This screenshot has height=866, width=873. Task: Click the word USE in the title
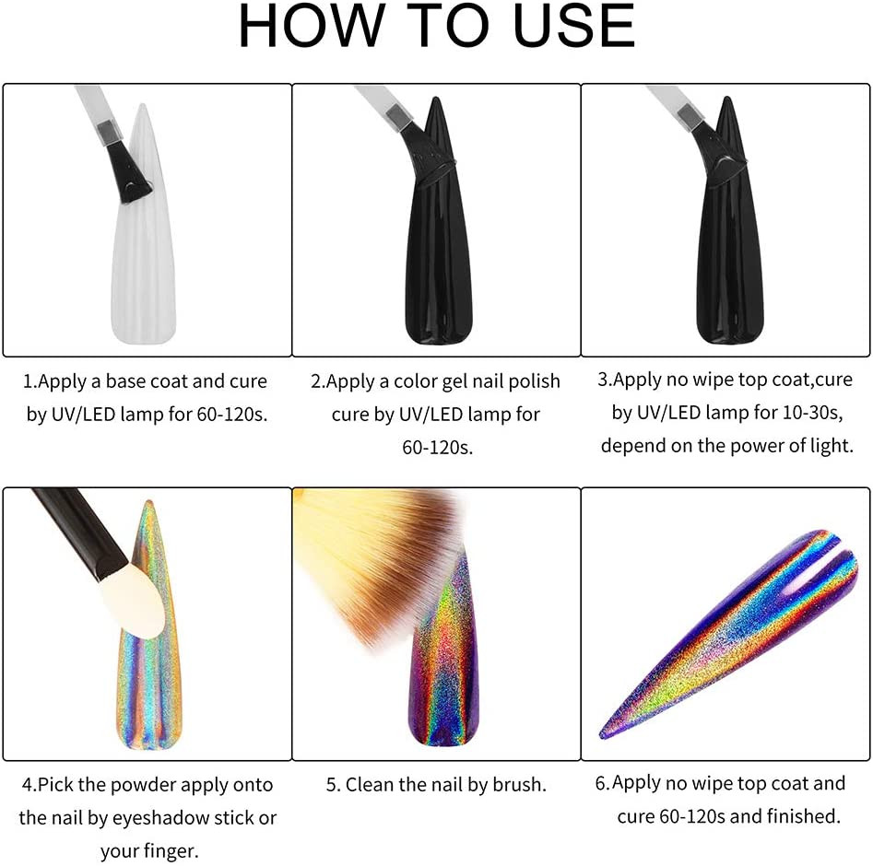pyautogui.click(x=574, y=26)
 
